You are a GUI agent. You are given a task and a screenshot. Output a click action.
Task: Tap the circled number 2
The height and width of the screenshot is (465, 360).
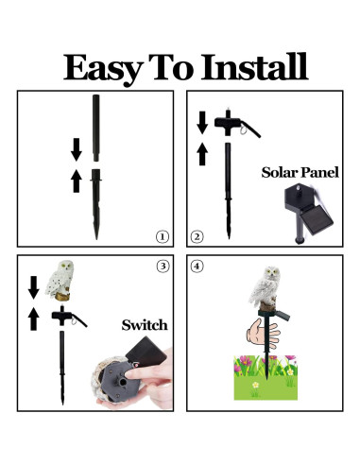pyautogui.click(x=197, y=236)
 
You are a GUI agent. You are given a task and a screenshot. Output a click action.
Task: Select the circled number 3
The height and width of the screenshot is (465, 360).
pyautogui.click(x=162, y=267)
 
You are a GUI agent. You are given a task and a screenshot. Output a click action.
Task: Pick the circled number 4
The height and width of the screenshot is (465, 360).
pyautogui.click(x=197, y=267)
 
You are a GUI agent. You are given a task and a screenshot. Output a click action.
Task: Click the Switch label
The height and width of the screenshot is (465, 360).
pyautogui.click(x=145, y=325)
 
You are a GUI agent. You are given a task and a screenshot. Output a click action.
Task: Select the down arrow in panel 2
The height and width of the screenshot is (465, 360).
pyautogui.click(x=201, y=121)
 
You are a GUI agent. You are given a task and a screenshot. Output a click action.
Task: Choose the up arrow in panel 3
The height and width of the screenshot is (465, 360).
pyautogui.click(x=34, y=319)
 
